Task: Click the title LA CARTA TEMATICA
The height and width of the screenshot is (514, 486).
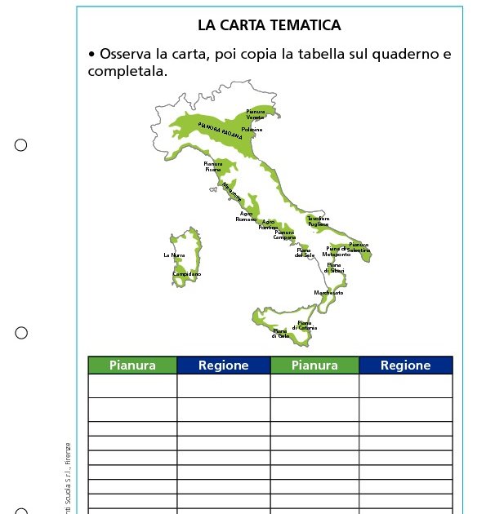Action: (269, 26)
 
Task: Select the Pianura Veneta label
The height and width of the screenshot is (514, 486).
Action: (256, 113)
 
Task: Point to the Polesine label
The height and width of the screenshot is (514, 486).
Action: (252, 130)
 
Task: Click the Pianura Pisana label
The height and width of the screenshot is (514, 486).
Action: (212, 166)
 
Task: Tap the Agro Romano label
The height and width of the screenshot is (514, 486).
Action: (246, 216)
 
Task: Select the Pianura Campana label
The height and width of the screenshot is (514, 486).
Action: (284, 235)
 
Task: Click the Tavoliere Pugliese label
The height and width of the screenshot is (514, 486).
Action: (318, 220)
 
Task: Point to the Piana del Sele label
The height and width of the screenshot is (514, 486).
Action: (305, 253)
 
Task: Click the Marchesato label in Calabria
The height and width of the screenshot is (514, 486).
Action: (328, 292)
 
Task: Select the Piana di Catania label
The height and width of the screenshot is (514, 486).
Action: (306, 326)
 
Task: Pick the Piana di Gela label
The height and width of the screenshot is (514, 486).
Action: (280, 333)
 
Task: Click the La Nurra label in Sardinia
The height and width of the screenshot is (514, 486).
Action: (174, 255)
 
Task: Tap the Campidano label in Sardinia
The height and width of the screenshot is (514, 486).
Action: (186, 274)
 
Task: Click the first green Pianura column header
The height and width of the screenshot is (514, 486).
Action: (132, 366)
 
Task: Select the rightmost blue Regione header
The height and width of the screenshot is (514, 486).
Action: (405, 366)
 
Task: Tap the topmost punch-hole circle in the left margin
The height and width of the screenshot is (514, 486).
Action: (21, 145)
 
